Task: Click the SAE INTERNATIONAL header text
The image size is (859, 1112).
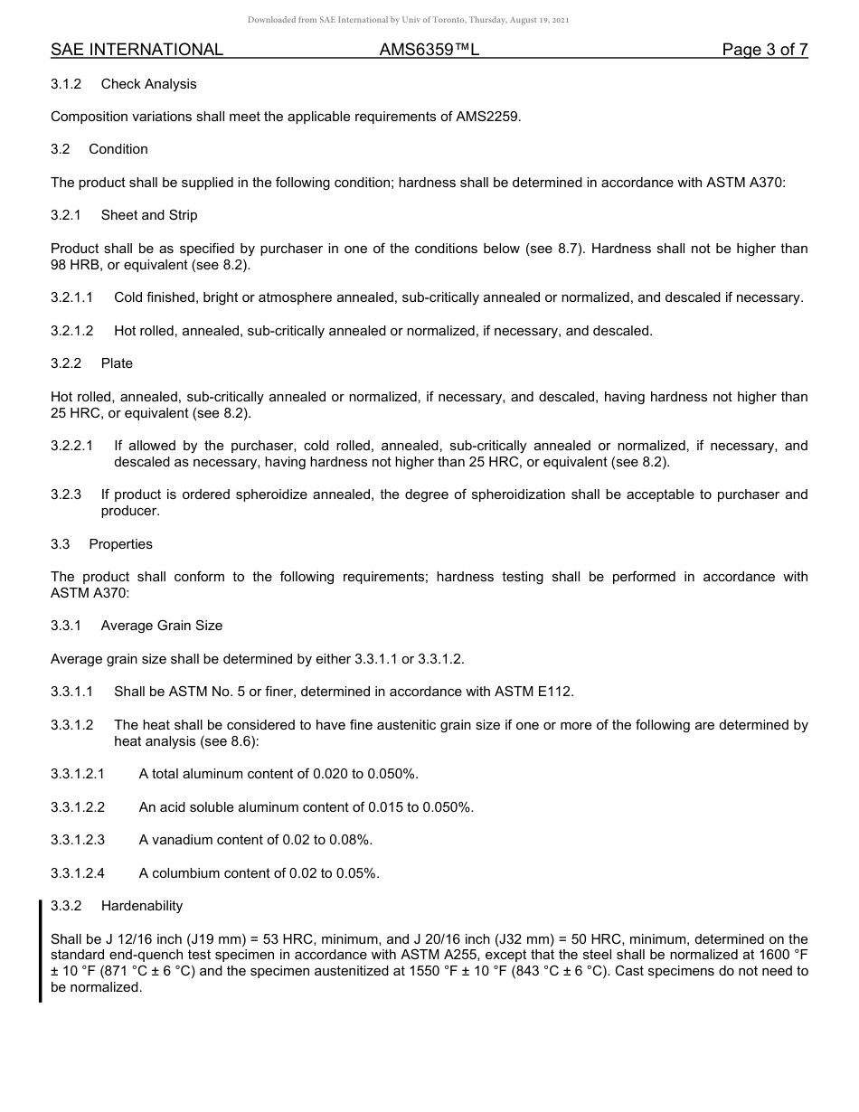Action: tap(137, 50)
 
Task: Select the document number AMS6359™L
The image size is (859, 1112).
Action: tap(429, 50)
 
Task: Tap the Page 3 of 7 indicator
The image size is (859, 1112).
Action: tap(764, 50)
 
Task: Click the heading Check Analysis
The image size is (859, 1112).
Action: tap(148, 84)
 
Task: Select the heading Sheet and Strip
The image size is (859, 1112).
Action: tap(149, 215)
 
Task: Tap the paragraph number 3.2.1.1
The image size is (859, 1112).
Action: tap(72, 297)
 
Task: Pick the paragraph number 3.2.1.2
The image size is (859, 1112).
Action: tap(72, 331)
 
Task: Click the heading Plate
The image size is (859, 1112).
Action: tap(117, 363)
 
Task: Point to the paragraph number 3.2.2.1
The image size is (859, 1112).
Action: tap(72, 446)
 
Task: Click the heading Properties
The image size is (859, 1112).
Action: tap(120, 544)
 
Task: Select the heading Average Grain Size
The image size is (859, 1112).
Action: tap(162, 626)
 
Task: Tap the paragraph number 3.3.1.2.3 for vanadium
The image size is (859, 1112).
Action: tap(78, 840)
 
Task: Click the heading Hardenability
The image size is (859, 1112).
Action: tap(142, 906)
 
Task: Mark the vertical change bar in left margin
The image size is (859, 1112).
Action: tap(40, 951)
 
